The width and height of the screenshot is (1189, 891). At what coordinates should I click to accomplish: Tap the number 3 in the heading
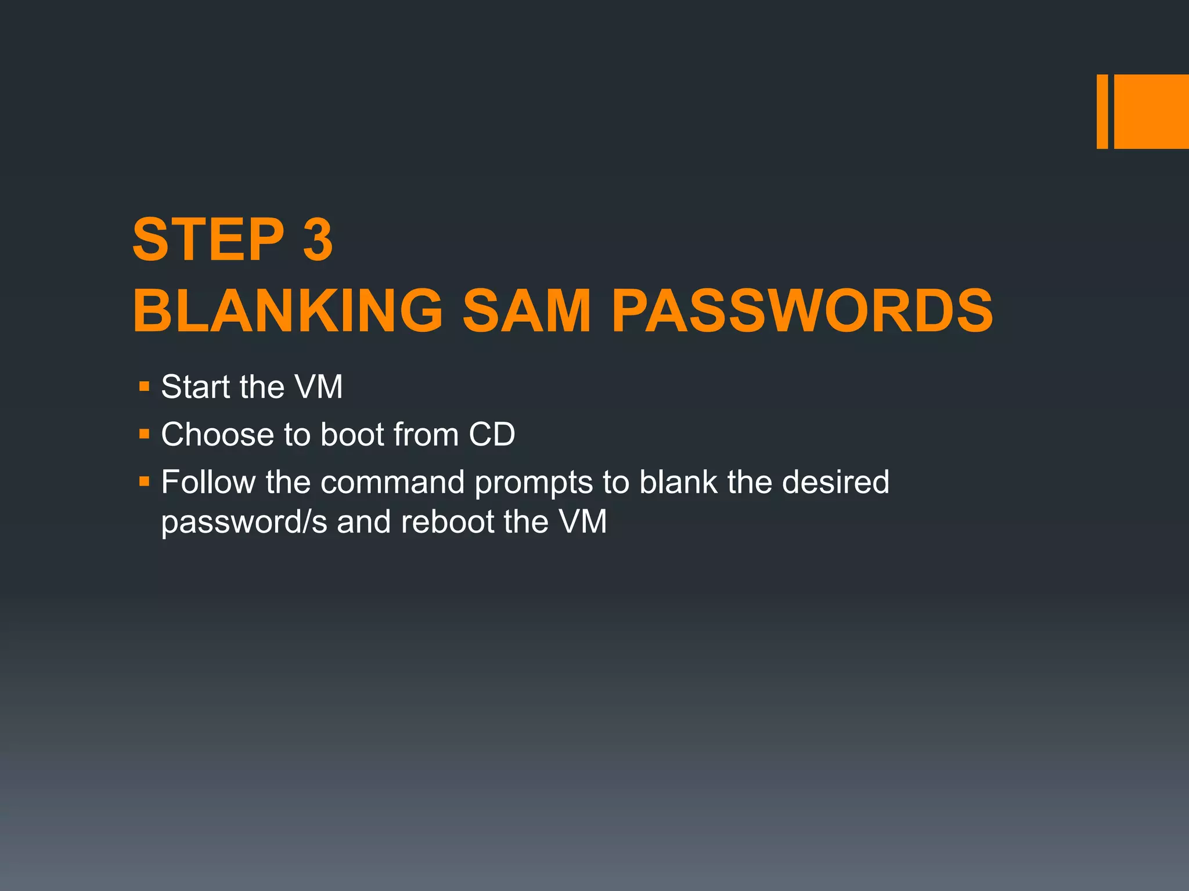point(318,240)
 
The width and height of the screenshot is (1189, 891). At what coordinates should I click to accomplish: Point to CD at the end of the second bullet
point(492,434)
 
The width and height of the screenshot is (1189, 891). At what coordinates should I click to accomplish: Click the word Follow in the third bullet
point(208,482)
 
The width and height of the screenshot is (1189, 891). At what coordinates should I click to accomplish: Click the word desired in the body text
point(835,482)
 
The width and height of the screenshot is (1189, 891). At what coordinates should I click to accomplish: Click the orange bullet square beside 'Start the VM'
point(145,386)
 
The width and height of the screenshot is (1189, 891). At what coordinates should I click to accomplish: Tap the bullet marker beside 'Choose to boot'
point(145,433)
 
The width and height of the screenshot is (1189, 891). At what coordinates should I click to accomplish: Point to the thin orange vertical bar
point(1102,111)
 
